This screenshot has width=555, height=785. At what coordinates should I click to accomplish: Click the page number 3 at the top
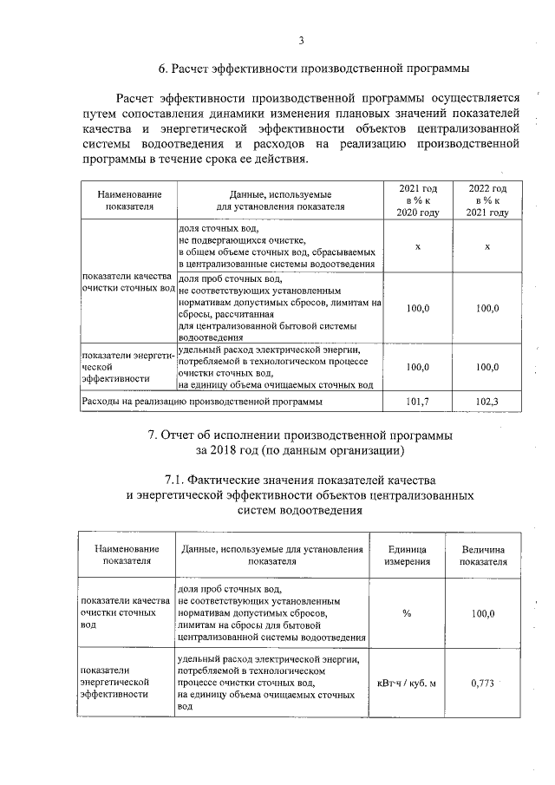[301, 40]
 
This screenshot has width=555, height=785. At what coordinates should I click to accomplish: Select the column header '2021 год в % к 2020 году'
[418, 200]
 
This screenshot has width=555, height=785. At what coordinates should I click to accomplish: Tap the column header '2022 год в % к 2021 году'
[487, 200]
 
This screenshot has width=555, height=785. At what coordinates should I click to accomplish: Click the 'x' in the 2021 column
[418, 247]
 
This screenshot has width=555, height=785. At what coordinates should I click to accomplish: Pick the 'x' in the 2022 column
[487, 247]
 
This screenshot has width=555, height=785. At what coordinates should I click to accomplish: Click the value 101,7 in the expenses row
[418, 402]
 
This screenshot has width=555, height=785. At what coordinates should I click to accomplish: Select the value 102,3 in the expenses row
[487, 402]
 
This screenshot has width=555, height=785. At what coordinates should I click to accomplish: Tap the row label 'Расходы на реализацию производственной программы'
[201, 402]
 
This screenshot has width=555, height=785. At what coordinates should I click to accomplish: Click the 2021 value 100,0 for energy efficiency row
[418, 367]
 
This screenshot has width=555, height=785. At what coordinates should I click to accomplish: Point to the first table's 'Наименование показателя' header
[127, 200]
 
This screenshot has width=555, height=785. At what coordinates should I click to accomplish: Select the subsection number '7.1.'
[180, 480]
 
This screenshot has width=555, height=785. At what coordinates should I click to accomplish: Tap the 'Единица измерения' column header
[407, 554]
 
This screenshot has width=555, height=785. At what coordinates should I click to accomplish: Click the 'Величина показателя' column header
[483, 554]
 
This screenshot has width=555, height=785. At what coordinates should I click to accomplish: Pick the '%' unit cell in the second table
[407, 613]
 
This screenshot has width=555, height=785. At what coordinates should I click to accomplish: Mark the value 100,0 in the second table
[483, 613]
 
